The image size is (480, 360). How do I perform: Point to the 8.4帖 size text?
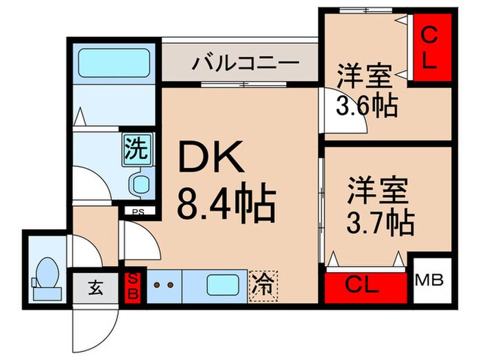point(227,203)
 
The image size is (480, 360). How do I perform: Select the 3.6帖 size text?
point(366,107)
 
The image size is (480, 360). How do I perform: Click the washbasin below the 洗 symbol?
point(141,184)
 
